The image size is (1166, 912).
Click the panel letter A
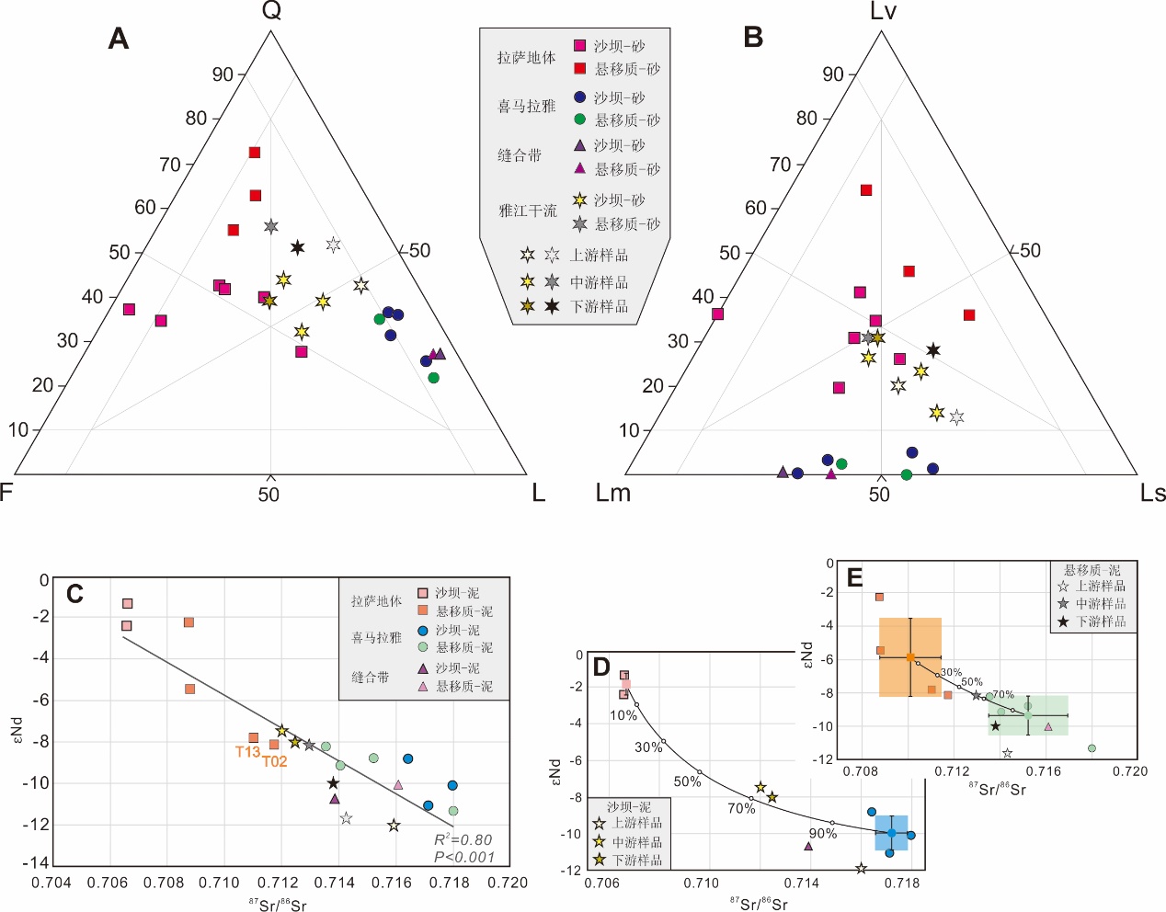click(x=118, y=39)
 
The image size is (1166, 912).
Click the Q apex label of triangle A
click(x=271, y=11)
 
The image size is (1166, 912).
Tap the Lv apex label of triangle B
click(x=882, y=11)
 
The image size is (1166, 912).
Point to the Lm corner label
click(x=613, y=494)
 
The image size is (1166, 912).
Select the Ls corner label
click(x=1152, y=494)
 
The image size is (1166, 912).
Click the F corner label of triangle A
click(x=6, y=493)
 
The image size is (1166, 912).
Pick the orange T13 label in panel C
click(x=247, y=752)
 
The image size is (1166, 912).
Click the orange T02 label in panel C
click(x=275, y=761)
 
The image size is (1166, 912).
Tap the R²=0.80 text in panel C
click(x=463, y=839)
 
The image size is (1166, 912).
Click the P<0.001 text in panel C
click(x=464, y=857)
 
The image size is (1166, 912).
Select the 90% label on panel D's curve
click(x=822, y=834)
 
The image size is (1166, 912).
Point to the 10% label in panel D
click(x=623, y=715)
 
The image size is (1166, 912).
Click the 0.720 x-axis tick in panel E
click(x=1129, y=771)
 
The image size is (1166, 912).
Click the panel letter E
click(x=854, y=577)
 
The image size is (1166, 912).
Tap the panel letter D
click(x=601, y=667)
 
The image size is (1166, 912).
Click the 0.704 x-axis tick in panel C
click(x=51, y=883)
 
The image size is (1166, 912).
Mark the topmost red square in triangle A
click(x=255, y=153)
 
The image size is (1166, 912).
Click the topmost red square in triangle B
click(x=865, y=190)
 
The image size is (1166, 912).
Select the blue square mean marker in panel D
click(x=891, y=833)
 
